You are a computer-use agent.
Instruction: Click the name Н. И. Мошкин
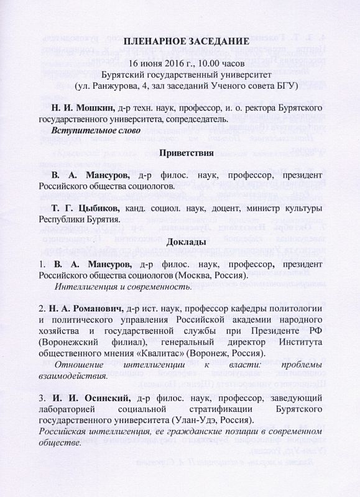82,108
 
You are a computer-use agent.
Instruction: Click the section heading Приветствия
187,152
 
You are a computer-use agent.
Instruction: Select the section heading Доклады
187,242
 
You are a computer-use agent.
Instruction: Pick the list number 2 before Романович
41,309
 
